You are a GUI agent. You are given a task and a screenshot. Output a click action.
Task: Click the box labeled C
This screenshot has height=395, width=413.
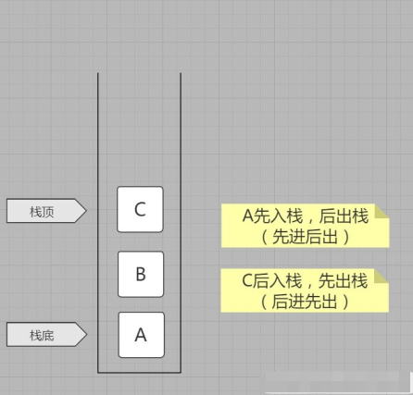click(140, 209)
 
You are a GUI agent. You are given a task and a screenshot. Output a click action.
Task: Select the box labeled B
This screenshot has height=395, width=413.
click(140, 274)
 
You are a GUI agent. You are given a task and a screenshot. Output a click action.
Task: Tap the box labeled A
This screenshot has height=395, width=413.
click(140, 335)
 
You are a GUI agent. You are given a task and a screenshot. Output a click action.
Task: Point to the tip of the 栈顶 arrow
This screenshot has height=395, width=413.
click(85, 212)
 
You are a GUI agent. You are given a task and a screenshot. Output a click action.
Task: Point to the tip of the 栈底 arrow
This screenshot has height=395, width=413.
click(85, 335)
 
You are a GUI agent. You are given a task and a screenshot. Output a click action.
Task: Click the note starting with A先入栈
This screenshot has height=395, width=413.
click(304, 226)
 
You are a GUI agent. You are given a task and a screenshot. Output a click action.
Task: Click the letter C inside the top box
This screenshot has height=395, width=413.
click(140, 209)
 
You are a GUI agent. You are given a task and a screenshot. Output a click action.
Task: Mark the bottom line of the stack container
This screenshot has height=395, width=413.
click(139, 372)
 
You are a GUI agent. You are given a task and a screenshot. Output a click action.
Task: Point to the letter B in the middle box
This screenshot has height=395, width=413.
click(140, 275)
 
